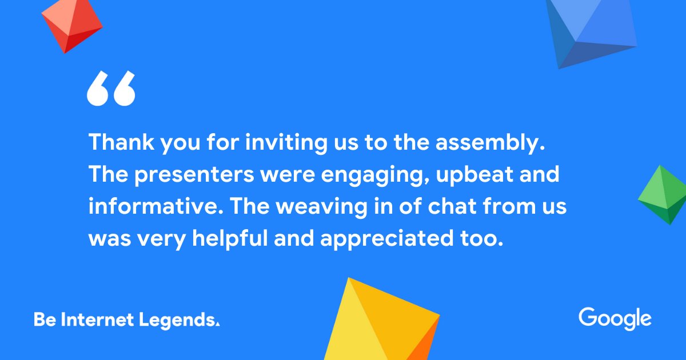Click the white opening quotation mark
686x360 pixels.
(111, 89)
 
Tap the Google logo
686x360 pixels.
(615, 318)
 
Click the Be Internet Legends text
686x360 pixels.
(126, 319)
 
